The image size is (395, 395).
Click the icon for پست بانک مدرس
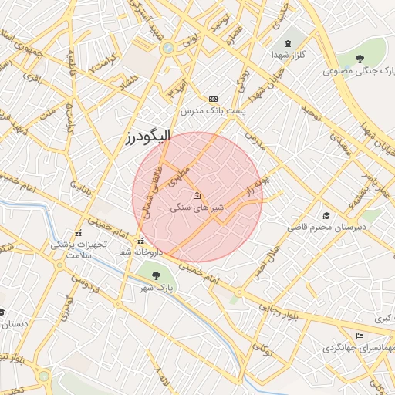coord(213,99)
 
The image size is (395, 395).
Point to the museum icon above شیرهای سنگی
coord(197,195)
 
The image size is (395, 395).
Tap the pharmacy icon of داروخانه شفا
coord(140,239)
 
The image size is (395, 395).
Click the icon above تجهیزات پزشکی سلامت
coord(77,233)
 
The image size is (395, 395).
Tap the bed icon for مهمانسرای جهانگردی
coord(360,336)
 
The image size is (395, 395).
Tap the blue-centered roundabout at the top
coord(167,48)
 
